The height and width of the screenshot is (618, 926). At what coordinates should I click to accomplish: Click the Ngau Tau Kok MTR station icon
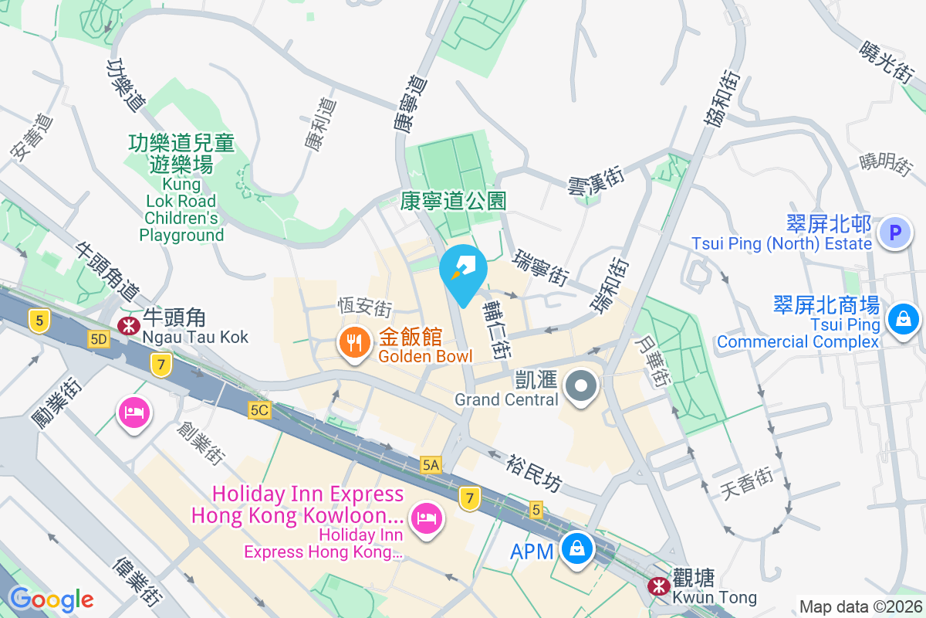pos(125,326)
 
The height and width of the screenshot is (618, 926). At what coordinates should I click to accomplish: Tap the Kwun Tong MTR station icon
pos(658,587)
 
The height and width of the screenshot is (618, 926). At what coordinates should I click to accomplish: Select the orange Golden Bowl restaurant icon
pos(354,345)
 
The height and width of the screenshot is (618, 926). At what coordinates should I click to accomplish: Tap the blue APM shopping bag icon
pos(576,550)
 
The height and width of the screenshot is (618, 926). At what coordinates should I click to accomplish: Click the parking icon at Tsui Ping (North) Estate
pos(895,232)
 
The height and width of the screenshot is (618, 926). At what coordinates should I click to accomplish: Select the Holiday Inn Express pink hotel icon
pos(425,518)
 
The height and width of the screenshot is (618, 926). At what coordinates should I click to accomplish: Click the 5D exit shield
pos(99,339)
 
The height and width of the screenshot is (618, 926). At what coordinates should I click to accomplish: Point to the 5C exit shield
pos(259,410)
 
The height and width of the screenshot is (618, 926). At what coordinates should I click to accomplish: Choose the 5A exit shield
pos(431,464)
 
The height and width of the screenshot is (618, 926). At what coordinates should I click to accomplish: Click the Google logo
pos(51,599)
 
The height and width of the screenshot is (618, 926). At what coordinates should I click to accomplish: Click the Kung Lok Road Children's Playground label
pos(182,188)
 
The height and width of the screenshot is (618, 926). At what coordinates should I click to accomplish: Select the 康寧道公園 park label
pos(453,202)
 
